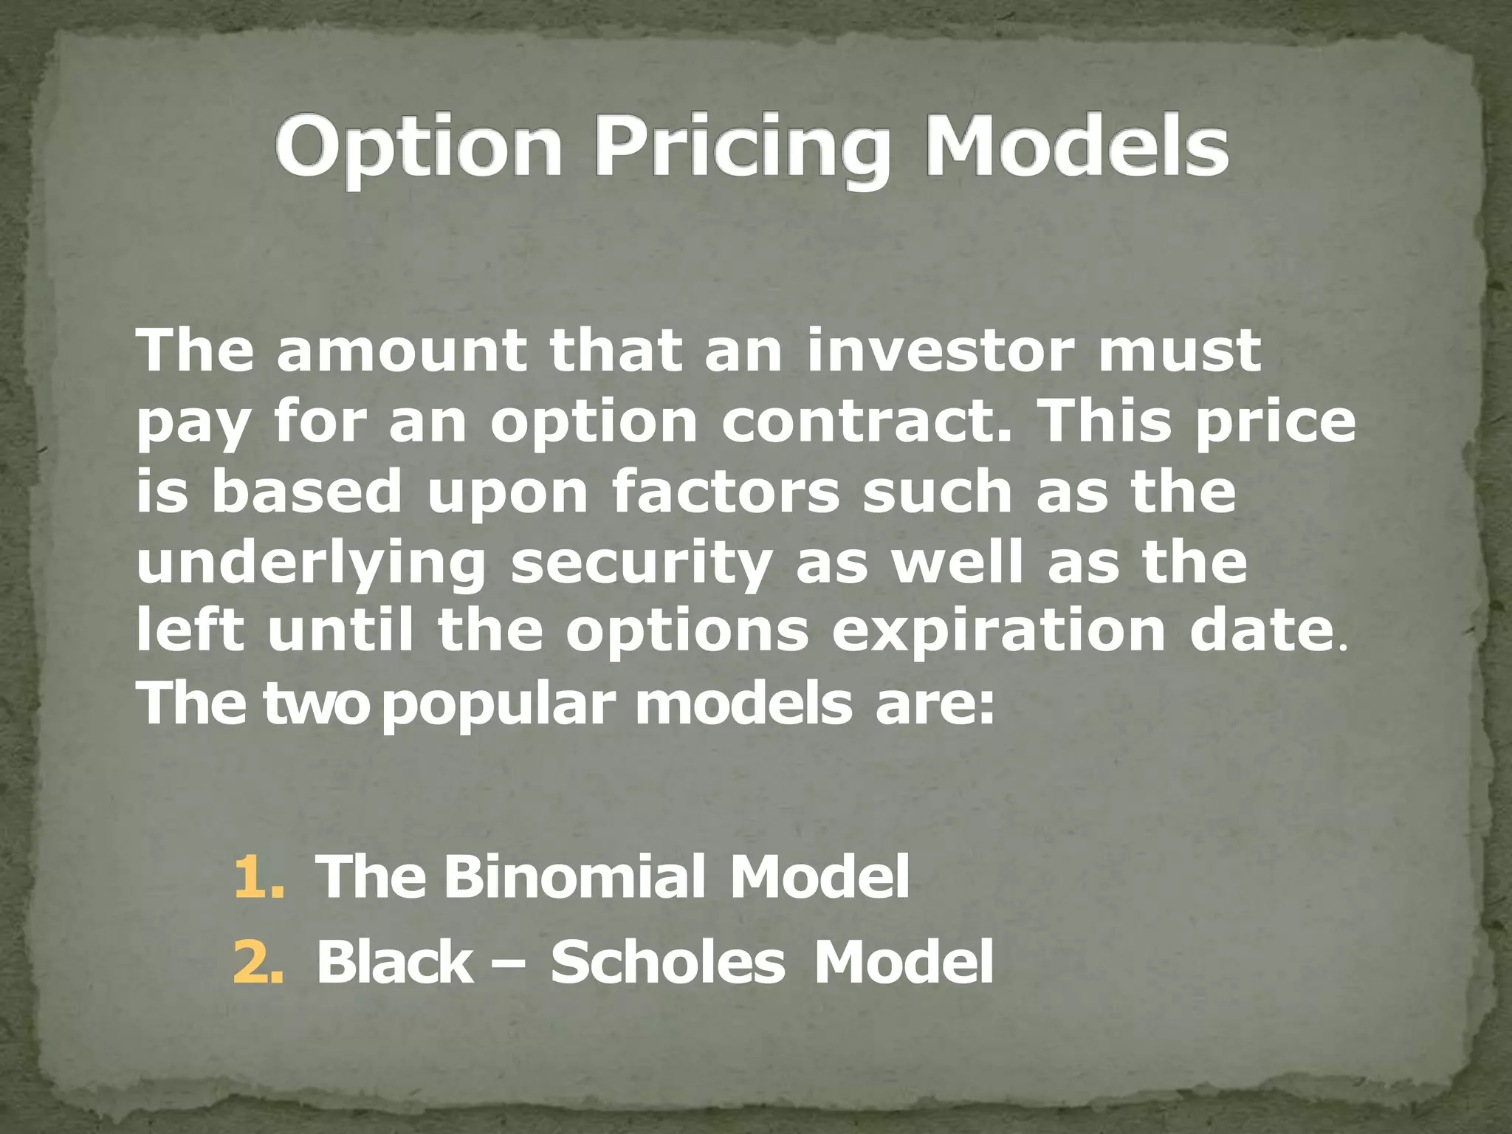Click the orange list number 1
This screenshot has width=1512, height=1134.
click(x=258, y=876)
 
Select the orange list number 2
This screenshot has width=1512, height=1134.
click(x=258, y=963)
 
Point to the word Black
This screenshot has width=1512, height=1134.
click(x=394, y=963)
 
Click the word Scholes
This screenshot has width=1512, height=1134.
click(x=667, y=963)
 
